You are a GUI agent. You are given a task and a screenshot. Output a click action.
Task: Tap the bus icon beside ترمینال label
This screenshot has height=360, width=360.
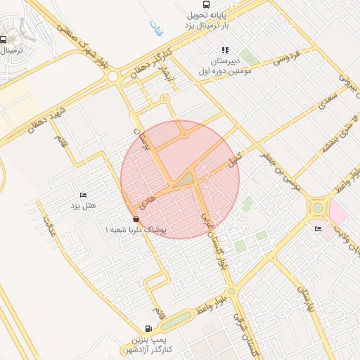click(4, 40)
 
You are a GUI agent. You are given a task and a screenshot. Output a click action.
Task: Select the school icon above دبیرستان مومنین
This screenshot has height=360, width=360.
click(225, 50)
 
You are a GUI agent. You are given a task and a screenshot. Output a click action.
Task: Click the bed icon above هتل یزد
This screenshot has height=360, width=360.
click(83, 195)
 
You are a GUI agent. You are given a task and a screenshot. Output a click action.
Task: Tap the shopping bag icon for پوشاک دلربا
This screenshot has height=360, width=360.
click(136, 219)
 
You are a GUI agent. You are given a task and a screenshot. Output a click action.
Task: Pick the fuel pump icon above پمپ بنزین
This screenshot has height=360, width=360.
click(148, 328)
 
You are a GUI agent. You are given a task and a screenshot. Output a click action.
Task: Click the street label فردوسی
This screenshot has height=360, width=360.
click(286, 55)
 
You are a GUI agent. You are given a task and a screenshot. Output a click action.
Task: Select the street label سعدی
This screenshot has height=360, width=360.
click(331, 105)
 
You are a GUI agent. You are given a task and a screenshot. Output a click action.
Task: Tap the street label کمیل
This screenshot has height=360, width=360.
click(235, 160)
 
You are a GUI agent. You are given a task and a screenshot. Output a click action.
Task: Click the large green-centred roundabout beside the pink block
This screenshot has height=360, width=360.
click(318, 207)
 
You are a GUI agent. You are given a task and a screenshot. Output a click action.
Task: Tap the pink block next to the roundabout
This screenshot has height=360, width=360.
click(339, 213)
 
